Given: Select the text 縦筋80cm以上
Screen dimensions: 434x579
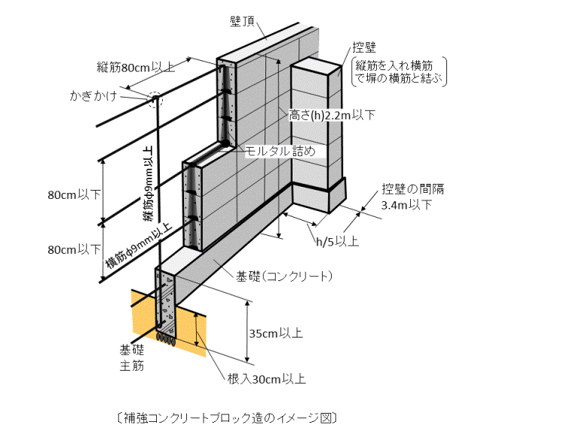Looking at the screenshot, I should pos(136,66).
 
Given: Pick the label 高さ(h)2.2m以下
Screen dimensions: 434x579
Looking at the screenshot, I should pos(332,115).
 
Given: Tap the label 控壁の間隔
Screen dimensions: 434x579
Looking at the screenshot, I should pos(407,189).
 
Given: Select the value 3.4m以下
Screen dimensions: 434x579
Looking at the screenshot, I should pos(407,205).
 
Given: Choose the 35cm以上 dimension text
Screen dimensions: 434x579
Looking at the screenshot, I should pos(277,332).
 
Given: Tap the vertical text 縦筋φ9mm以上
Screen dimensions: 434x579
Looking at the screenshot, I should pos(149,182).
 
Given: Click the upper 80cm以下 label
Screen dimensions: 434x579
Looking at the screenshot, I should pos(74,194).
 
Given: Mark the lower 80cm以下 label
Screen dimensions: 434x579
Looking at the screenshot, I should pos(74,249).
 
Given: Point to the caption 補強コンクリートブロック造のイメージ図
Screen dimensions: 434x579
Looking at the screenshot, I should pos(226,416).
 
